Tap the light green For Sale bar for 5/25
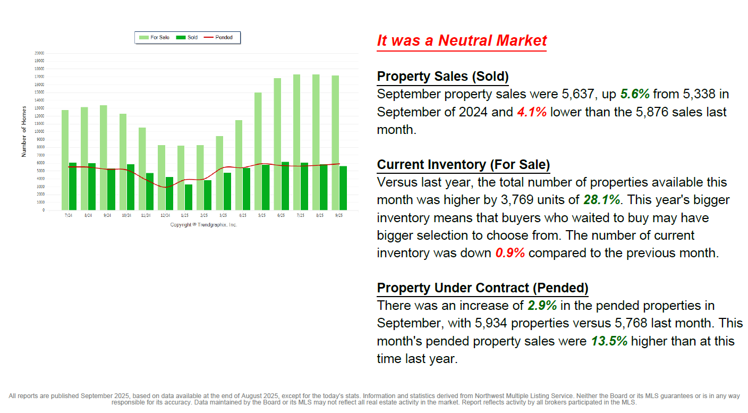click(258, 151)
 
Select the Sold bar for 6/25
click(285, 186)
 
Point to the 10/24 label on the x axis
click(126, 215)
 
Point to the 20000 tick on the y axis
click(39, 53)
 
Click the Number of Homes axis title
click(23, 138)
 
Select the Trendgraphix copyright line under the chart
click(203, 225)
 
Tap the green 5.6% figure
click(635, 95)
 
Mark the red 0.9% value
click(510, 253)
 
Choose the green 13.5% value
click(609, 341)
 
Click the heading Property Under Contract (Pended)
click(482, 288)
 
